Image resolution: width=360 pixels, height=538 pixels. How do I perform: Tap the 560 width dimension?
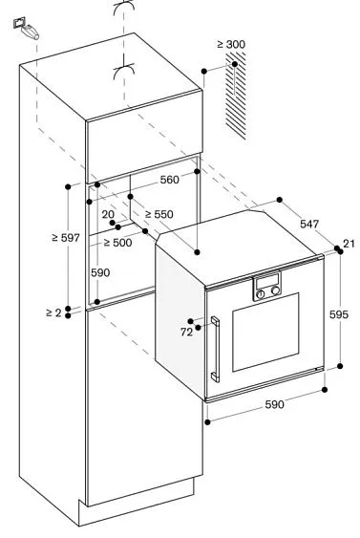pyautogui.click(x=170, y=179)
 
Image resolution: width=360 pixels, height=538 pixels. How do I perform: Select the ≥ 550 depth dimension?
pyautogui.click(x=159, y=214)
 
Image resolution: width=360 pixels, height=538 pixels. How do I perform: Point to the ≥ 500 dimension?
pyautogui.click(x=118, y=243)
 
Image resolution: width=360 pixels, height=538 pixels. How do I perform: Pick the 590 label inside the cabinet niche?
pyautogui.click(x=100, y=272)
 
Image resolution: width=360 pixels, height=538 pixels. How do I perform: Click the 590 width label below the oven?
pyautogui.click(x=274, y=405)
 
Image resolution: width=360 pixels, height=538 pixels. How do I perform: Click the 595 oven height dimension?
pyautogui.click(x=341, y=313)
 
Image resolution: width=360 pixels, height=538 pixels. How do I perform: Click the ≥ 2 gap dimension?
pyautogui.click(x=53, y=312)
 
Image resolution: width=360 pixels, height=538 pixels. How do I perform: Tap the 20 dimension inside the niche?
pyautogui.click(x=107, y=214)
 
